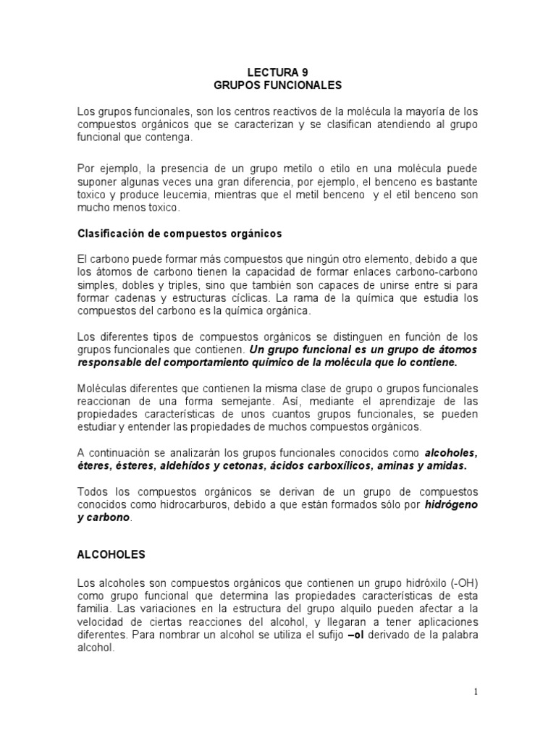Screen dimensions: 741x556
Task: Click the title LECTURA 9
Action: tap(277, 72)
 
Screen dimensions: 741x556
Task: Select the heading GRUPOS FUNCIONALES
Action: tap(277, 85)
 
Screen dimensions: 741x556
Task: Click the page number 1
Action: tap(476, 692)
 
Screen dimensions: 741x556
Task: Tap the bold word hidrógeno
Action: tap(451, 504)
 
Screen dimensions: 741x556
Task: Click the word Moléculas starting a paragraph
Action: tap(102, 389)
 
